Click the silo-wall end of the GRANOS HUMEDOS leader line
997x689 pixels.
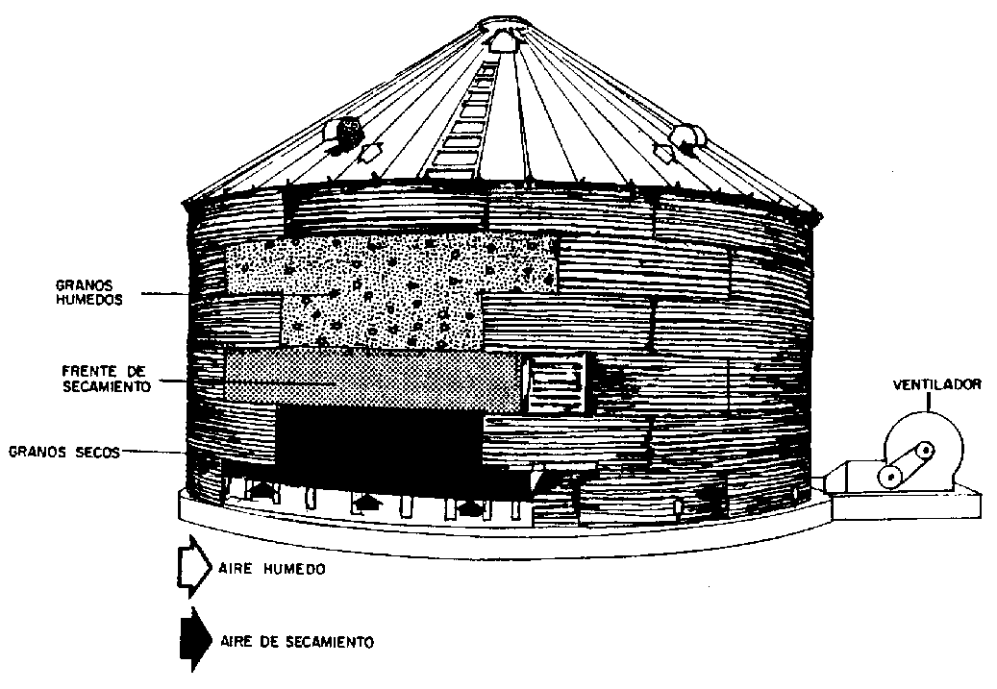188,294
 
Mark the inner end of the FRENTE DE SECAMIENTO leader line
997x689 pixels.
336,383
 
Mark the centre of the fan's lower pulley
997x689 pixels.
889,476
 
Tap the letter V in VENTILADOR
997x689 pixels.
898,385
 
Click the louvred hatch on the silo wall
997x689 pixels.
557,383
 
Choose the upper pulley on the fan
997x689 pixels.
925,451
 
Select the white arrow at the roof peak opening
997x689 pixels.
502,40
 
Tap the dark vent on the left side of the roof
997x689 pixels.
346,131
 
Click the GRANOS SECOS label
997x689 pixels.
64,453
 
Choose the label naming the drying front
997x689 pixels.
106,379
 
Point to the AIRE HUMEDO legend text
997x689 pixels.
272,569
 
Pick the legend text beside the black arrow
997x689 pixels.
297,641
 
